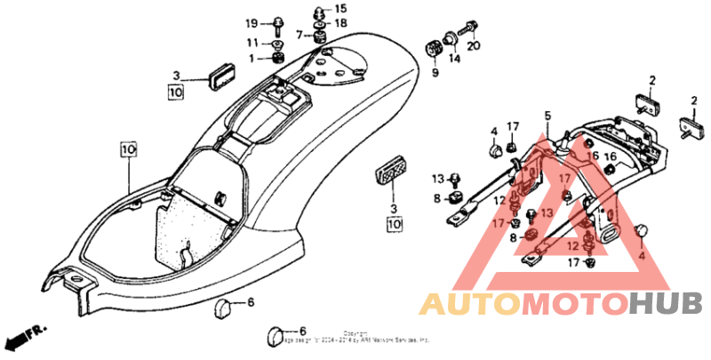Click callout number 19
252,22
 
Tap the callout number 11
253,42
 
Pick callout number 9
435,73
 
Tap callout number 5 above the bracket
548,116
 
